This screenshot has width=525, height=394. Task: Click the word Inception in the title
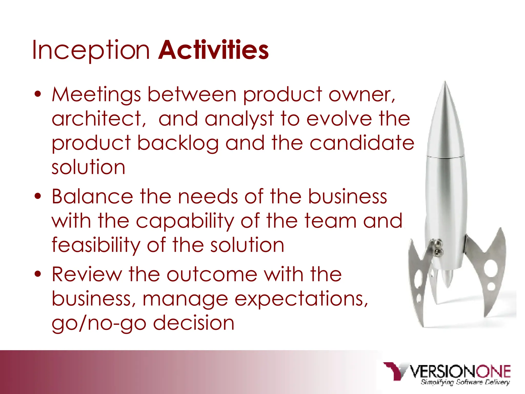pos(91,50)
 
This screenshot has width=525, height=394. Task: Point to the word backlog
pos(178,143)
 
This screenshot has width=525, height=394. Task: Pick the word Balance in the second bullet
pos(92,196)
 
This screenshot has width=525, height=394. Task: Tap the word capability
pos(185,221)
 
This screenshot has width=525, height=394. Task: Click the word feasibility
pos(96,245)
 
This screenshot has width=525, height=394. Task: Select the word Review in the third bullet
pos(87,274)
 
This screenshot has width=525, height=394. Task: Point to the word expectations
pos(301,299)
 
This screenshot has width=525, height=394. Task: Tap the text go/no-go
pos(99,323)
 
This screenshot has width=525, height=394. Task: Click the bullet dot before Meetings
pos(38,94)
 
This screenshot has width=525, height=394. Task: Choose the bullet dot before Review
pos(38,274)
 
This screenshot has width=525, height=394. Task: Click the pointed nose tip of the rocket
pos(445,83)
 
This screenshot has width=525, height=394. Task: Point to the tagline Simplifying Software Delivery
pos(465,382)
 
